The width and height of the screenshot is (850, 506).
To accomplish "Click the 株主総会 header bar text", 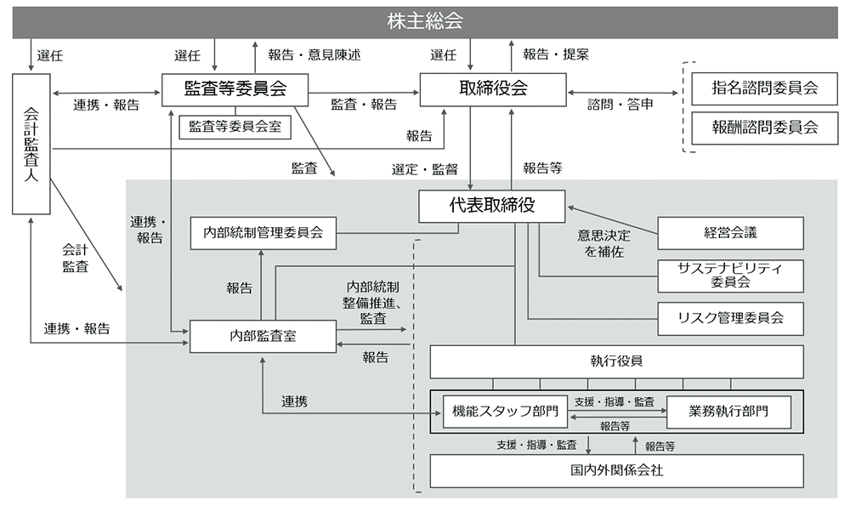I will (424, 21).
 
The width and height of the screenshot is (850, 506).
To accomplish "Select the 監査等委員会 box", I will (235, 88).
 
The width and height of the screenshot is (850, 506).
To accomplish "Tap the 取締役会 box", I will (493, 88).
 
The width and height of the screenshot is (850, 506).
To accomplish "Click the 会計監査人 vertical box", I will (32, 145).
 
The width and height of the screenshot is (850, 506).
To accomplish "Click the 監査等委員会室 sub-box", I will (235, 127).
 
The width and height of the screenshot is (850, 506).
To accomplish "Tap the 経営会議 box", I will (730, 232).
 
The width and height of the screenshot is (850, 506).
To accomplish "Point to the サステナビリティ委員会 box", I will (730, 275).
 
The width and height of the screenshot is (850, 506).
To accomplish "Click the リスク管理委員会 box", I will (730, 318).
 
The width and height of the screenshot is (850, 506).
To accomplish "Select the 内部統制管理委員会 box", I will (263, 232).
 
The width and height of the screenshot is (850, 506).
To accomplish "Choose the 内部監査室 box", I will (263, 336).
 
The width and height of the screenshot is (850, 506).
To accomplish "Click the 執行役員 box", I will (616, 361).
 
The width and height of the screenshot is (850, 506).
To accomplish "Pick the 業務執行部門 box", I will (728, 412).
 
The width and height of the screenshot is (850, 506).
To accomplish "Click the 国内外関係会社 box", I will (616, 470).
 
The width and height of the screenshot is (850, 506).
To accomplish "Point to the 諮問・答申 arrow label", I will (620, 105).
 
